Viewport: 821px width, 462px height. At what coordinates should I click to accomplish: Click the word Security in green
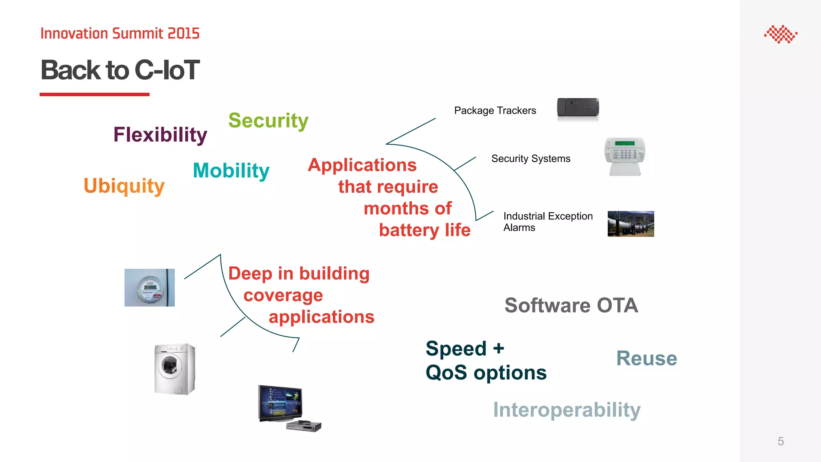pos(268,120)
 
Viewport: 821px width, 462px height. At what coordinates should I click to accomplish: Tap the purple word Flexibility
pos(160,135)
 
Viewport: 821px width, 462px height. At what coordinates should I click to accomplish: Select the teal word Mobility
pos(231,170)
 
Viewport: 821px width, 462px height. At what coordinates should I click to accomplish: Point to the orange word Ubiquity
pos(124,186)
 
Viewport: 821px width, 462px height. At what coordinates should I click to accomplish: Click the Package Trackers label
pos(495,111)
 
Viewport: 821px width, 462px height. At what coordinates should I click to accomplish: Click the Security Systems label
pos(530,159)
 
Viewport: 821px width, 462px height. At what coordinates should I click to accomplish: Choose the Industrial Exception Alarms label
pos(548,222)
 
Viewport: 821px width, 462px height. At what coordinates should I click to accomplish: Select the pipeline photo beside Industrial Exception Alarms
pos(631,224)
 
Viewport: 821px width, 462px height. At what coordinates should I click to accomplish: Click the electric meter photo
pos(150,288)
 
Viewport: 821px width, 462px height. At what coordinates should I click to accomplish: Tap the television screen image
pos(280,402)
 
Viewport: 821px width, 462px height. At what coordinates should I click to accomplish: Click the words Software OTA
pos(571,306)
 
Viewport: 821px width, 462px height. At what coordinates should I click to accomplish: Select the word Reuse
pos(646,359)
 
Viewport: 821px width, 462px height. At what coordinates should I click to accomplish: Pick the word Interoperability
pos(566,410)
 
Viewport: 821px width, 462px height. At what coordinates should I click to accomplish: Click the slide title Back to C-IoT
pos(120,70)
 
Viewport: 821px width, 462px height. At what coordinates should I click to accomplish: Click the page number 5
pos(781,442)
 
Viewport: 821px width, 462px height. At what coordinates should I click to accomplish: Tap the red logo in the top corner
pos(781,34)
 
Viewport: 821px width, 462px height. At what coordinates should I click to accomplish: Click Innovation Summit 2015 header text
pos(120,33)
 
